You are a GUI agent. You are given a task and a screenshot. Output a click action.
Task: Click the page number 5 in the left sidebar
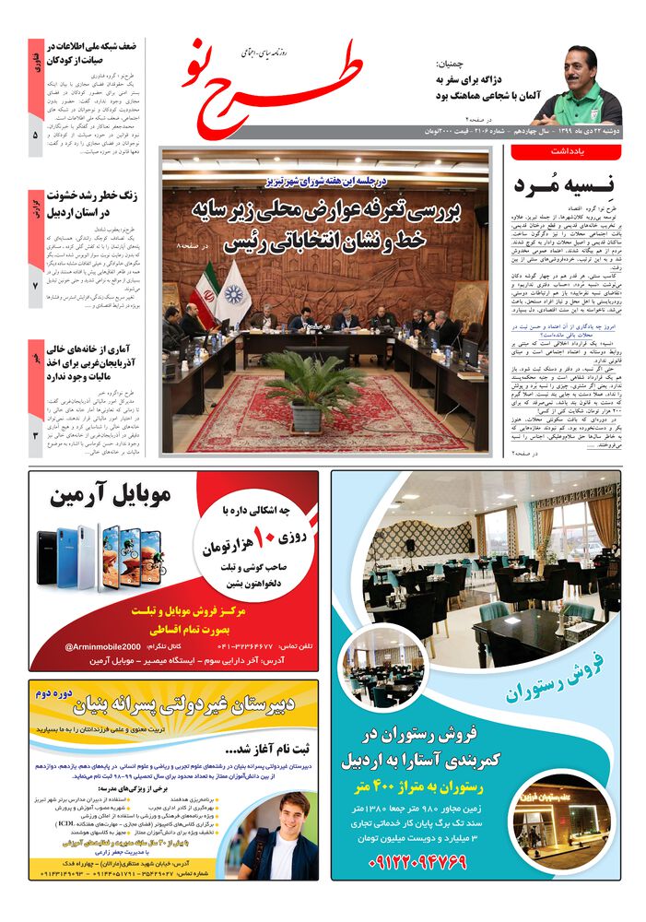35,135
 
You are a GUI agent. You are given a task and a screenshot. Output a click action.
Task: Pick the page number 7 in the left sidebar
35,287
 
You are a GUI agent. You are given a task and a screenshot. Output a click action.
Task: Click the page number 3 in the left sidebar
35,435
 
